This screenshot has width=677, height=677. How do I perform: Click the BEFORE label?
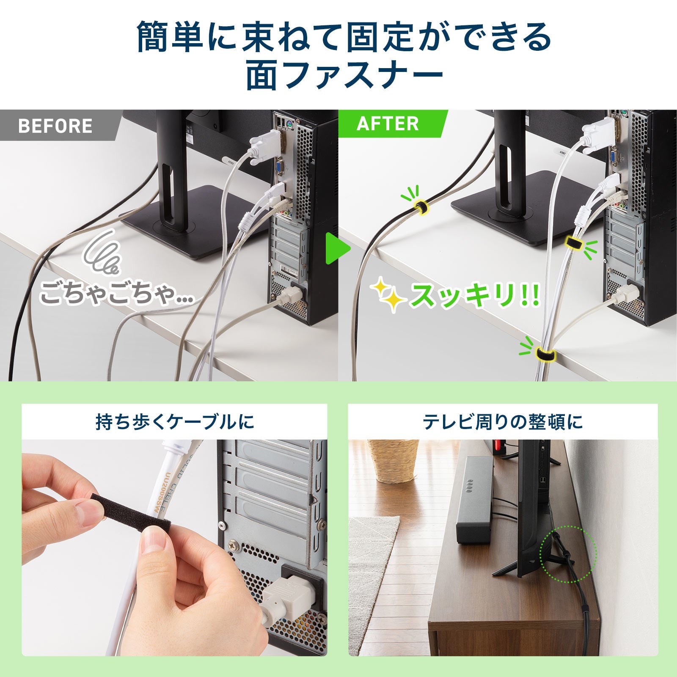click(55, 126)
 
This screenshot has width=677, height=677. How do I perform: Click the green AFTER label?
click(387, 123)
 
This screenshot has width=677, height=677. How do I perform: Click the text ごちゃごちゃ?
click(114, 294)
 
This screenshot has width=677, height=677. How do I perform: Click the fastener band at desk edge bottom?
click(545, 355)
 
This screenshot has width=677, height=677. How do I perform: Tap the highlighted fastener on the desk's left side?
click(421, 207)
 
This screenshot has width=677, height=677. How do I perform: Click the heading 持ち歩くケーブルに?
click(174, 422)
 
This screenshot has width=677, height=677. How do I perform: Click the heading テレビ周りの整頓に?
click(503, 422)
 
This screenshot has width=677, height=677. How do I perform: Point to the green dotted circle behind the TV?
click(568, 553)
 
